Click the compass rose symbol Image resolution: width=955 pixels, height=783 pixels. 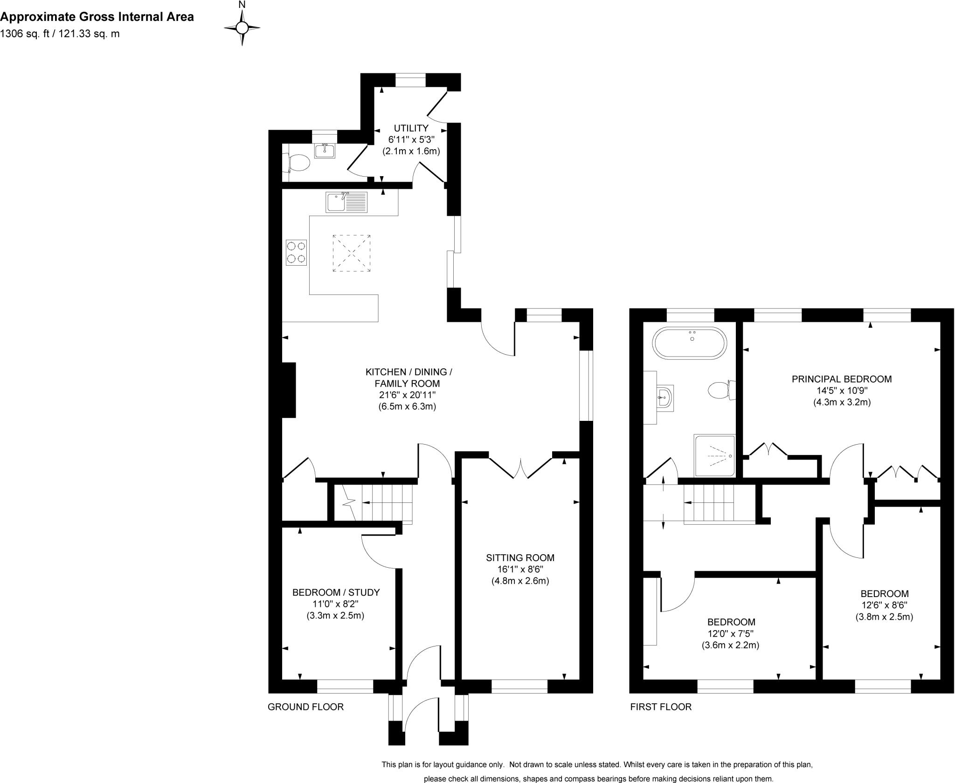click(242, 28)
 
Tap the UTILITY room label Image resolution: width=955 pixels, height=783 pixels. click(411, 128)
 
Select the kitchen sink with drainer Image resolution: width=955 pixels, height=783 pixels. click(346, 202)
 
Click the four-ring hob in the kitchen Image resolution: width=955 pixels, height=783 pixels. click(296, 253)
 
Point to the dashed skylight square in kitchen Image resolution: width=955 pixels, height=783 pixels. click(352, 253)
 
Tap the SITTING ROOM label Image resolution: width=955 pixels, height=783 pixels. click(520, 557)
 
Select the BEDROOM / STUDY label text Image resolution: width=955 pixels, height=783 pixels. click(336, 592)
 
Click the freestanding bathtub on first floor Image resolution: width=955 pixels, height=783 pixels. click(690, 343)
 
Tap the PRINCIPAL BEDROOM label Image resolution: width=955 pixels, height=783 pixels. click(841, 379)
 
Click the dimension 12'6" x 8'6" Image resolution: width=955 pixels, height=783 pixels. click(884, 605)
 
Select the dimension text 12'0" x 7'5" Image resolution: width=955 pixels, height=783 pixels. click(730, 634)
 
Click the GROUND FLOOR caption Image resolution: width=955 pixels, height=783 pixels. click(305, 707)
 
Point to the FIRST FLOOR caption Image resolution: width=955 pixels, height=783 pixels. click(660, 707)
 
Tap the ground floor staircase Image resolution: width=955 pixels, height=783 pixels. click(380, 502)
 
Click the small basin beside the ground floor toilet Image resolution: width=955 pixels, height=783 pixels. click(325, 151)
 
